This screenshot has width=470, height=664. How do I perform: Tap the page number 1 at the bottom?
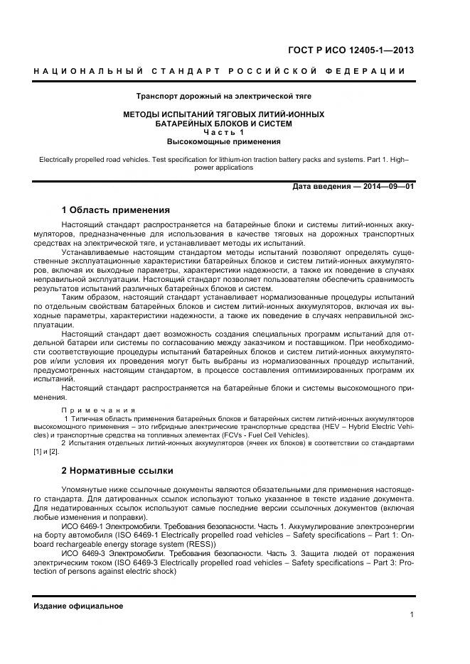point(412,615)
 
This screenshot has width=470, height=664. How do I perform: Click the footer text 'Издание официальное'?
point(78,606)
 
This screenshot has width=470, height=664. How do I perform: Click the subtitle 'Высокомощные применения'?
point(224,142)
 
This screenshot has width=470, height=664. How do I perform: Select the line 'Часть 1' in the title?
point(224,133)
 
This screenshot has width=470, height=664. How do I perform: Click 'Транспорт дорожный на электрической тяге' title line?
point(224,95)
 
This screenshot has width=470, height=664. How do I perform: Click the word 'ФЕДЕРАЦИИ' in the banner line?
point(373,71)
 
